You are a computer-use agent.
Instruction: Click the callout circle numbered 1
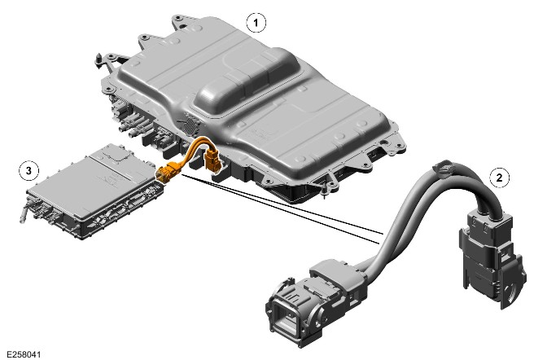point(256,23)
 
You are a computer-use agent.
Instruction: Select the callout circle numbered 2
point(499,178)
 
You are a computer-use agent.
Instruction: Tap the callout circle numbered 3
point(28,171)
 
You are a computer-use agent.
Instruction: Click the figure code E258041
point(24,354)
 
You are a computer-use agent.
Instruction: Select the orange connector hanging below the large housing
point(212,160)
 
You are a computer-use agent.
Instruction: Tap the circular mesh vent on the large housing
point(190,125)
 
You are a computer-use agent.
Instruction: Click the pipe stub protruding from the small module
point(24,213)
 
